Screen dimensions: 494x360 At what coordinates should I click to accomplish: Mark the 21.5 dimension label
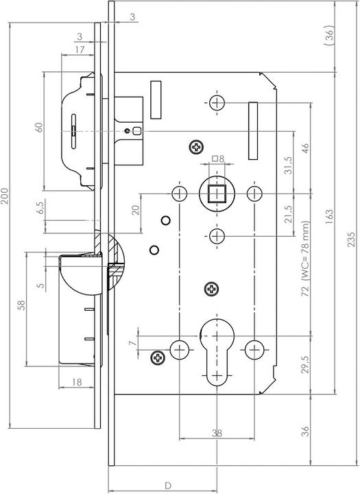[287, 213]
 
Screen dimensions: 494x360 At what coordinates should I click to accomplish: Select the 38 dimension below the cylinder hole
[217, 433]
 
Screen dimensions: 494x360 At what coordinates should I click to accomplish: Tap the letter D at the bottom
[167, 485]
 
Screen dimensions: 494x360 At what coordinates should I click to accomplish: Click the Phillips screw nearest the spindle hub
[197, 147]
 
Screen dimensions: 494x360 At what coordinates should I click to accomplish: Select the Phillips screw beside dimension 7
[158, 356]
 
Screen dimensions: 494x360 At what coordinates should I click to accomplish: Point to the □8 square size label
[217, 159]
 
